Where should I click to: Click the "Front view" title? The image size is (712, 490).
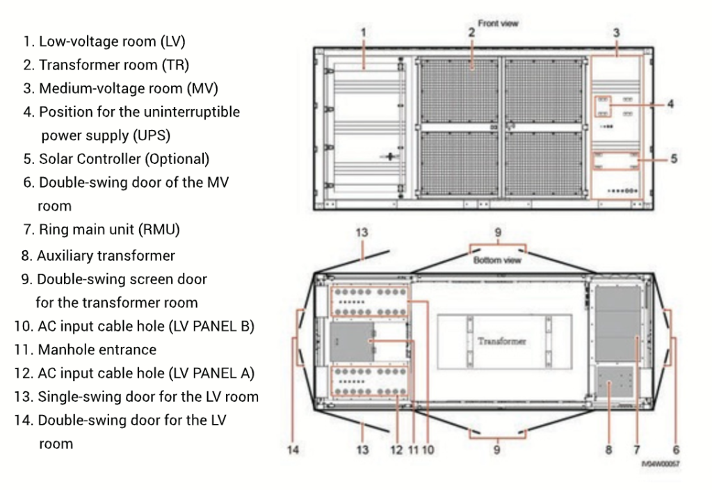click(x=498, y=22)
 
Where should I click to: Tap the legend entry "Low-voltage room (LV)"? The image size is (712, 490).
click(x=103, y=42)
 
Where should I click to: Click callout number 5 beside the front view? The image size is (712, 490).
click(x=674, y=158)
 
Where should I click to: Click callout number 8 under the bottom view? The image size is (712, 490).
click(x=609, y=450)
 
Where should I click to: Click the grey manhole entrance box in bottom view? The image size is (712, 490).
click(x=351, y=341)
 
